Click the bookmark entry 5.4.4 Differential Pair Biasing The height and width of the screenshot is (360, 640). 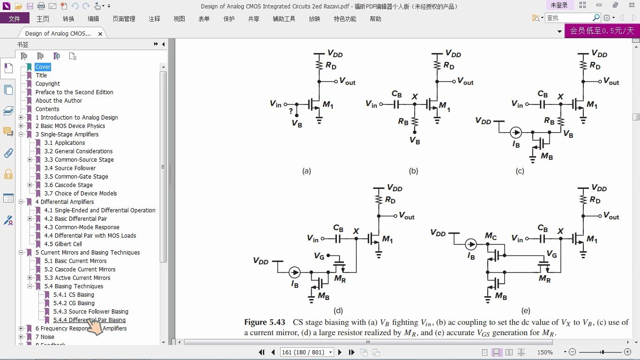[x=89, y=320]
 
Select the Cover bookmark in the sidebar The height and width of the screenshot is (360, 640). [x=43, y=67]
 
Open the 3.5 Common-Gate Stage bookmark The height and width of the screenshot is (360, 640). [x=76, y=177]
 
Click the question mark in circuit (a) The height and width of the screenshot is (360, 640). [x=291, y=112]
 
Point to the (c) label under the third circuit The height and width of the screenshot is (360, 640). [x=520, y=171]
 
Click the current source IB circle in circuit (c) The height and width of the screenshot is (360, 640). [x=516, y=133]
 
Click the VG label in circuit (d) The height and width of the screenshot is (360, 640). [x=319, y=256]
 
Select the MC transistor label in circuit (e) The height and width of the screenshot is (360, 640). [x=491, y=236]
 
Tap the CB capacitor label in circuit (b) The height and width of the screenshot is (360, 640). [x=397, y=94]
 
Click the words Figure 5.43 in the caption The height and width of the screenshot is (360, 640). [x=265, y=322]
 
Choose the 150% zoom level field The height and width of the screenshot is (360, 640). [x=545, y=352]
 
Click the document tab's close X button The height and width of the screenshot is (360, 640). [x=100, y=34]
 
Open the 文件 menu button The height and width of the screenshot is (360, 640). [x=15, y=19]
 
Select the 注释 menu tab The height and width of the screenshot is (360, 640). [x=154, y=19]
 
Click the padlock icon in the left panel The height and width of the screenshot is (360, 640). [x=8, y=174]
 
